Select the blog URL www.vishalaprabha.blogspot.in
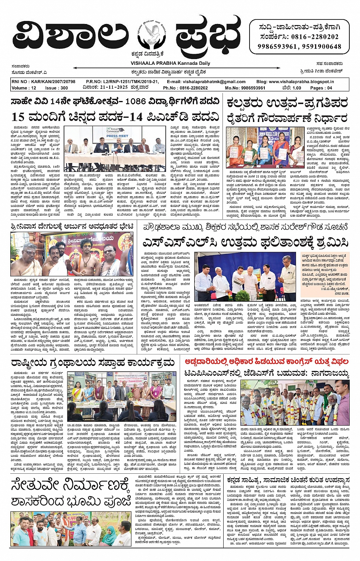[x=304, y=82]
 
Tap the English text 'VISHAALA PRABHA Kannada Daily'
[x=170, y=63]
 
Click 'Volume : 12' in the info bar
[x=24, y=88]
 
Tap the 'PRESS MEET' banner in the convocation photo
[x=117, y=136]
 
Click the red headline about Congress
[x=266, y=361]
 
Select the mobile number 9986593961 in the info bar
[x=250, y=88]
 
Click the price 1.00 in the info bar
[x=296, y=88]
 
